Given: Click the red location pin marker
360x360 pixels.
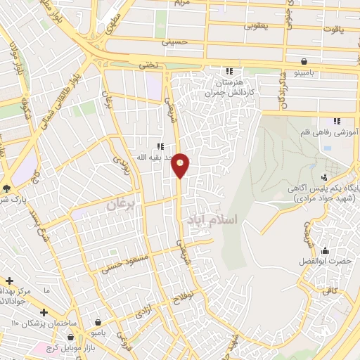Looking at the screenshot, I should (x=181, y=165).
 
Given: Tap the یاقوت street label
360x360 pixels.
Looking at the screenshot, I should (x=331, y=30).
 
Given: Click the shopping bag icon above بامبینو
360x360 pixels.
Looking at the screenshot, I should (x=303, y=61).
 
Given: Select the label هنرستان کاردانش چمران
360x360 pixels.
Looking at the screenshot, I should (x=229, y=87).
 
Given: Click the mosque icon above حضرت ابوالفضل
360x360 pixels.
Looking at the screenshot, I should (x=325, y=251).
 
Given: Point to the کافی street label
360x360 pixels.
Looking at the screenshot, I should (x=331, y=290).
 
